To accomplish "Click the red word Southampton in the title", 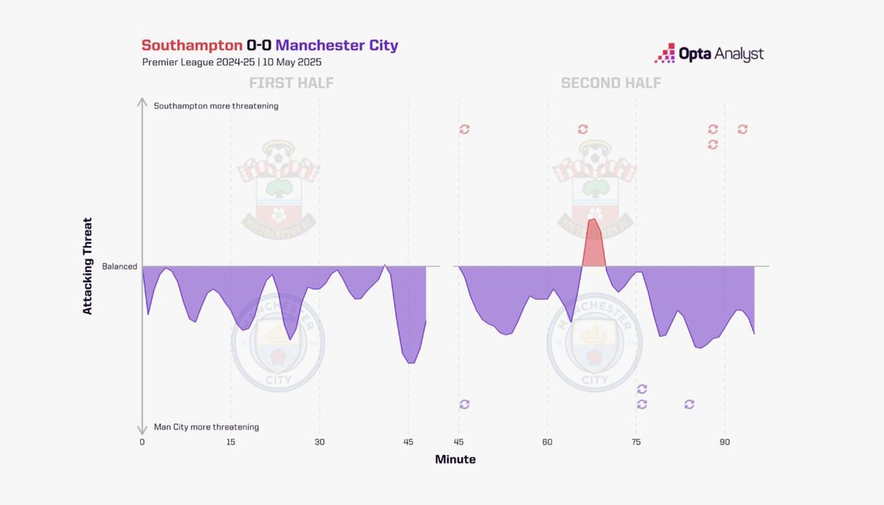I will click(192, 45).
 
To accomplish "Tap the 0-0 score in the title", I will click(259, 45).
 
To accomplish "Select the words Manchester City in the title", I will click(337, 45).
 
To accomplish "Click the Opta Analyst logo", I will click(709, 54).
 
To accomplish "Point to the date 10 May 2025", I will click(292, 62).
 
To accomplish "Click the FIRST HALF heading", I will click(291, 83).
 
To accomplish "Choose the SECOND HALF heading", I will click(611, 83).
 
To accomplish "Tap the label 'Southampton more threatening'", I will click(216, 106).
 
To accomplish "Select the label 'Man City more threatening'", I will click(206, 427).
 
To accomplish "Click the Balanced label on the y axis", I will click(119, 266).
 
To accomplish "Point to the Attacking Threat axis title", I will click(88, 266).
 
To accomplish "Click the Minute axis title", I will click(455, 460).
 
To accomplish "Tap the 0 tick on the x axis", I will click(142, 442).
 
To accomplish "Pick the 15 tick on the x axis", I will click(230, 442).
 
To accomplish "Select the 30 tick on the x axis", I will click(320, 442).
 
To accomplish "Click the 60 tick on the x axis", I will click(547, 442).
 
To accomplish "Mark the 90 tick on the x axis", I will click(725, 442).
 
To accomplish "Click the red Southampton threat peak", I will click(593, 243).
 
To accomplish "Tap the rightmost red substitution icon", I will click(743, 129).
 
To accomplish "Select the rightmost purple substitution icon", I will click(689, 404).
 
